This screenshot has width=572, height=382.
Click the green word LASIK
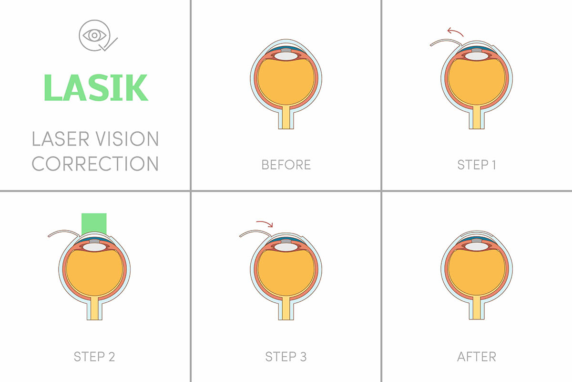tap(95, 87)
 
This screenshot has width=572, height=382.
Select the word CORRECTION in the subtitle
tap(95, 163)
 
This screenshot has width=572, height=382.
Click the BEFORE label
tap(286, 165)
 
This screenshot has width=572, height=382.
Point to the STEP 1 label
tap(477, 165)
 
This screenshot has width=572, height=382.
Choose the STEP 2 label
tap(94, 356)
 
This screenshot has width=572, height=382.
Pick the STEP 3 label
tap(286, 356)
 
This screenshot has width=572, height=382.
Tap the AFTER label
tap(477, 356)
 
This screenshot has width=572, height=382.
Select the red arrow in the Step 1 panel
tap(455, 32)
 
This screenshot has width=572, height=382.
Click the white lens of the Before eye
tap(286, 56)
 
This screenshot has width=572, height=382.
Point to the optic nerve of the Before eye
tap(286, 117)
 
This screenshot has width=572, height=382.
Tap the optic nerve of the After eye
tap(477, 308)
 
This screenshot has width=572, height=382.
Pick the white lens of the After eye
tap(477, 246)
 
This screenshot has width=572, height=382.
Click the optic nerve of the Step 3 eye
tap(286, 308)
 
